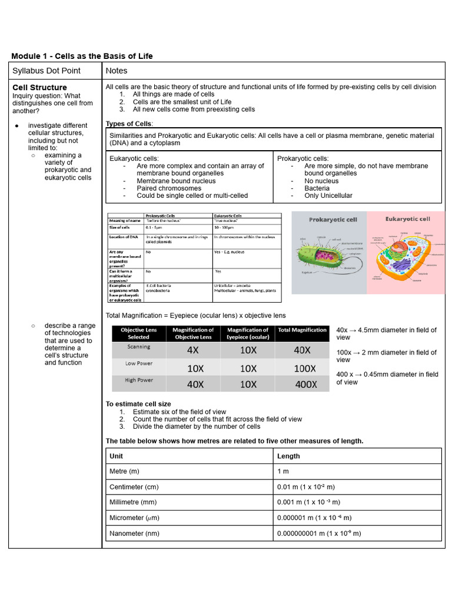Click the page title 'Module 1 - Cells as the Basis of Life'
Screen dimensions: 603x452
[82, 56]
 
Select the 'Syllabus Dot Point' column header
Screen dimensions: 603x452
[46, 71]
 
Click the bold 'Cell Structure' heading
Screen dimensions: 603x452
[40, 87]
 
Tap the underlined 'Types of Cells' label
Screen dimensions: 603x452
[129, 124]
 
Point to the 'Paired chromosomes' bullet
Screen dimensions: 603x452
[169, 188]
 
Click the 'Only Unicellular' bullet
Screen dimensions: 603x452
[328, 196]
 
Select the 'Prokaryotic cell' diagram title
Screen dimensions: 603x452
[333, 220]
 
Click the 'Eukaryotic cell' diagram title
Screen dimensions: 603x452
[408, 219]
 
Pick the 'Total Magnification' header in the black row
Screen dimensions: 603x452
[302, 330]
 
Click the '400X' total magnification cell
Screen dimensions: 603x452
[305, 384]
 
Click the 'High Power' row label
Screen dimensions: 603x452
[139, 380]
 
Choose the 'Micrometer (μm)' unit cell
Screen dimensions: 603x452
[134, 518]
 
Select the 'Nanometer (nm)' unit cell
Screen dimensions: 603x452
[134, 534]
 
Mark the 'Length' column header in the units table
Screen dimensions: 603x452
[288, 456]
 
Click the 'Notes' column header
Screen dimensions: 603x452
[117, 71]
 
